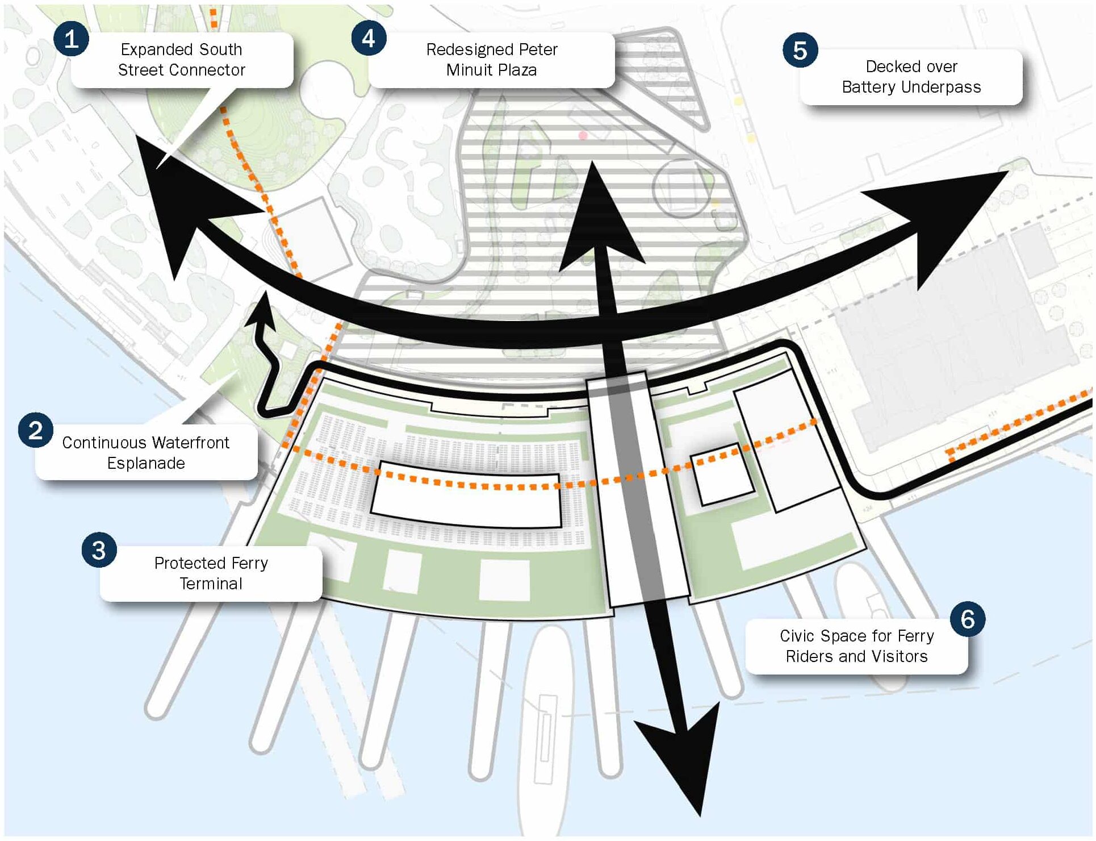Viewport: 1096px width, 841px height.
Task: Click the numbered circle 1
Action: (71, 39)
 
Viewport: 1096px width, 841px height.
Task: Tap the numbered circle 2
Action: (35, 430)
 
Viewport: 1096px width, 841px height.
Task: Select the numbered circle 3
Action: (99, 550)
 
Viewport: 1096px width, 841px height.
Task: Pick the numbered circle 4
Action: (369, 38)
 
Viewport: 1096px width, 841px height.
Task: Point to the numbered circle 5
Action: (800, 50)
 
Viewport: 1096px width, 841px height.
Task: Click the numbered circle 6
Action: (967, 619)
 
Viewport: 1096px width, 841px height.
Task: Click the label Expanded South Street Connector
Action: (182, 60)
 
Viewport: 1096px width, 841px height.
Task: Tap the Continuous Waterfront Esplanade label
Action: (146, 452)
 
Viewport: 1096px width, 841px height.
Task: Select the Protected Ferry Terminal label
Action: (211, 573)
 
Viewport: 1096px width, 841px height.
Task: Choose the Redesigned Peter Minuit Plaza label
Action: (492, 60)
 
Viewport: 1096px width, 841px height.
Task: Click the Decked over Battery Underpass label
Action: (911, 77)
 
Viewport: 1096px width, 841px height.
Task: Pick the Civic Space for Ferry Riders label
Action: (856, 646)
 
